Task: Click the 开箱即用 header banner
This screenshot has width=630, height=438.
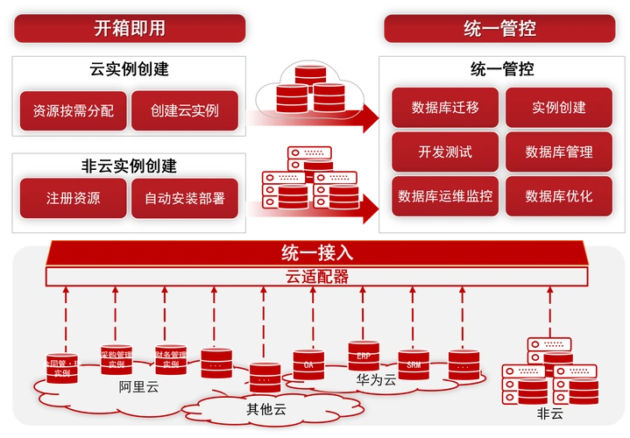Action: click(129, 28)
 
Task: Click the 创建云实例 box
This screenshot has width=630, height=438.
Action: click(184, 111)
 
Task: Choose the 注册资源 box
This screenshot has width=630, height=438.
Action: click(73, 198)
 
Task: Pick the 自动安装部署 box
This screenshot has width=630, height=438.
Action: click(184, 198)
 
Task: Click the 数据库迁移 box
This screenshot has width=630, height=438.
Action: click(445, 108)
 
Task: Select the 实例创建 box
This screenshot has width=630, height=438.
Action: click(559, 108)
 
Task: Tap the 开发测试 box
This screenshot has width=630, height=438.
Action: click(445, 152)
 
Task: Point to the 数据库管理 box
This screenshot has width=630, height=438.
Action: click(559, 152)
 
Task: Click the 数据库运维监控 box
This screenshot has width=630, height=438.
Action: click(445, 195)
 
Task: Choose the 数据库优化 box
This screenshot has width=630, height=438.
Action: click(559, 195)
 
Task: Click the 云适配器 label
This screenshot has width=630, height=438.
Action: click(316, 277)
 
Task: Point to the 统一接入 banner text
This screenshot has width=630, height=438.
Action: click(316, 254)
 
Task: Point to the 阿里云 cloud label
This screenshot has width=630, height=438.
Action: click(138, 387)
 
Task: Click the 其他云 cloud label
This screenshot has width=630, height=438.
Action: click(265, 408)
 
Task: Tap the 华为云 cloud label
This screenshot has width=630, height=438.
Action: click(376, 380)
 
